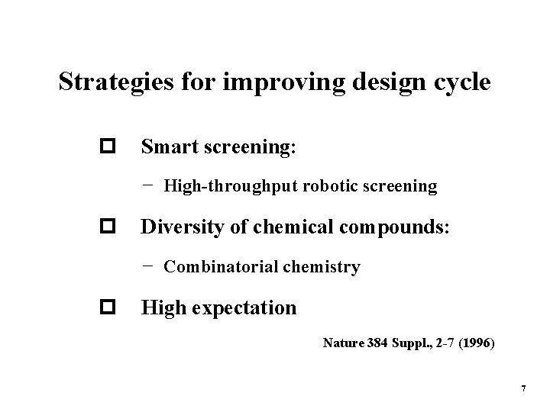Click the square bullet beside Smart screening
click(x=105, y=146)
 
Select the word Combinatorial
click(x=217, y=267)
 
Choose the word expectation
click(x=248, y=308)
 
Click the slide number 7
click(x=523, y=389)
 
